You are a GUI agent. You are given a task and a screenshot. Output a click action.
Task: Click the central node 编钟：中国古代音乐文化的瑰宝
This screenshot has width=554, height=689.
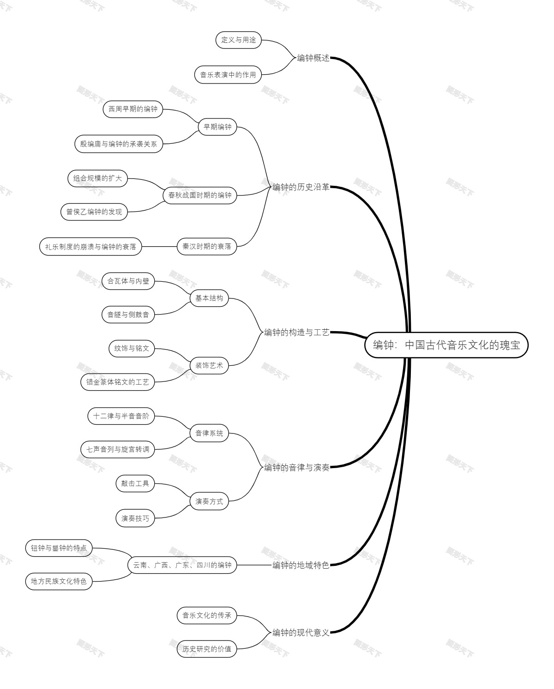pyautogui.click(x=446, y=345)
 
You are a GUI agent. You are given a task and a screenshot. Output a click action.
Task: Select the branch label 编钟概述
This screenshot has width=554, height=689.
pyautogui.click(x=313, y=58)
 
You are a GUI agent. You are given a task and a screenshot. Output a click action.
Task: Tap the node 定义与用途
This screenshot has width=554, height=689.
pyautogui.click(x=239, y=40)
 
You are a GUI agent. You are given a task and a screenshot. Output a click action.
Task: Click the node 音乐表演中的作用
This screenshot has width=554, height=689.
pyautogui.click(x=228, y=75)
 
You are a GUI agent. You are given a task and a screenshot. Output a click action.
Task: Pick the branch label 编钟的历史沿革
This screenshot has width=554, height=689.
pyautogui.click(x=301, y=187)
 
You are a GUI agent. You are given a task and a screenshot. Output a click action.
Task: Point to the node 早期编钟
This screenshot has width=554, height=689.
pyautogui.click(x=217, y=127)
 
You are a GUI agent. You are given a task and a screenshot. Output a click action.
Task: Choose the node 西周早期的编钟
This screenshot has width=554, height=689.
pyautogui.click(x=133, y=109)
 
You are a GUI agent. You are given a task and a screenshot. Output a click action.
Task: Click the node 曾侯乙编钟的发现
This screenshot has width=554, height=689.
pyautogui.click(x=94, y=212)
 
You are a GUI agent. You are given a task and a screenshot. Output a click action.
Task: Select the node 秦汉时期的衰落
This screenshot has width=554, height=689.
pyautogui.click(x=207, y=246)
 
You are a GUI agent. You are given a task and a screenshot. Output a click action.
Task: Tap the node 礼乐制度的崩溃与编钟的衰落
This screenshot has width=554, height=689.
pyautogui.click(x=90, y=247)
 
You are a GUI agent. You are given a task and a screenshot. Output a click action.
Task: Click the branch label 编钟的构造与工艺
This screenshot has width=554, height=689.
pyautogui.click(x=296, y=333)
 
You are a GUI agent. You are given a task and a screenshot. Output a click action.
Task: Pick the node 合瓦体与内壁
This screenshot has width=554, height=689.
pyautogui.click(x=128, y=281)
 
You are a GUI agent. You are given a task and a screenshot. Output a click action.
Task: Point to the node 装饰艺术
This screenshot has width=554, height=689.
pyautogui.click(x=209, y=365)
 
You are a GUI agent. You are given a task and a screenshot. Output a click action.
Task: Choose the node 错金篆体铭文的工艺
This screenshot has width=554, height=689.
pyautogui.click(x=117, y=382)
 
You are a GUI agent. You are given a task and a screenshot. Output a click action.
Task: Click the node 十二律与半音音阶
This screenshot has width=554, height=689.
pyautogui.click(x=121, y=416)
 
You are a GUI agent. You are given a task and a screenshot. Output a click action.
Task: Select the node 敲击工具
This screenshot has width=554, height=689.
pyautogui.click(x=135, y=483)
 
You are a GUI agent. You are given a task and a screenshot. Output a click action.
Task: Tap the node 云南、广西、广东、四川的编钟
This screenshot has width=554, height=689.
pyautogui.click(x=182, y=565)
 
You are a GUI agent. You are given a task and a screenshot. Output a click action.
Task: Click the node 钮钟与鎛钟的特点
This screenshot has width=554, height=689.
pyautogui.click(x=59, y=548)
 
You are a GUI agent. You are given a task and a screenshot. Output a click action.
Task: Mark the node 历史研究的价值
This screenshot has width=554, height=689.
pyautogui.click(x=207, y=649)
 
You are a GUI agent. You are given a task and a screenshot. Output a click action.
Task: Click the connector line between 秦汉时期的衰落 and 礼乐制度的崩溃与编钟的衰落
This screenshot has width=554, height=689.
pyautogui.click(x=159, y=247)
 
